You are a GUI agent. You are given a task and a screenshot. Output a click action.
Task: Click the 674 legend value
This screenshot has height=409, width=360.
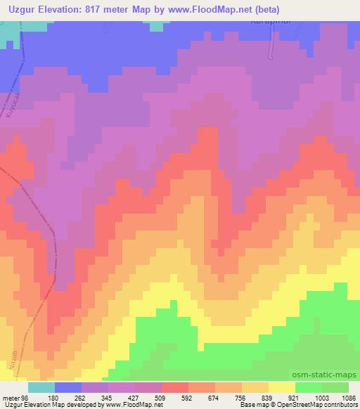click(211, 397)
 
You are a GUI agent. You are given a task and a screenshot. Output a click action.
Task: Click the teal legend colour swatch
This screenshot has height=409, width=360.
click(41, 387)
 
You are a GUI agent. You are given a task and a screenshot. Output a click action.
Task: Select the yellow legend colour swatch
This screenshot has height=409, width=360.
click(282, 387)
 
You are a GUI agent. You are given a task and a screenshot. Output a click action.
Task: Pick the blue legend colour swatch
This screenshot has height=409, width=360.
click(68, 387)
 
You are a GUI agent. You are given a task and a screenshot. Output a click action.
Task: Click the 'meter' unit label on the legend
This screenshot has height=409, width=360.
click(10, 397)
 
